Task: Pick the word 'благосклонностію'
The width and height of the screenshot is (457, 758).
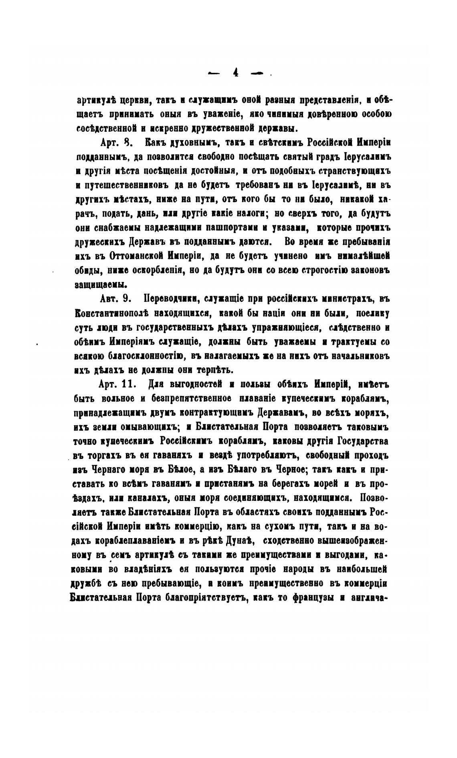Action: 146,356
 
